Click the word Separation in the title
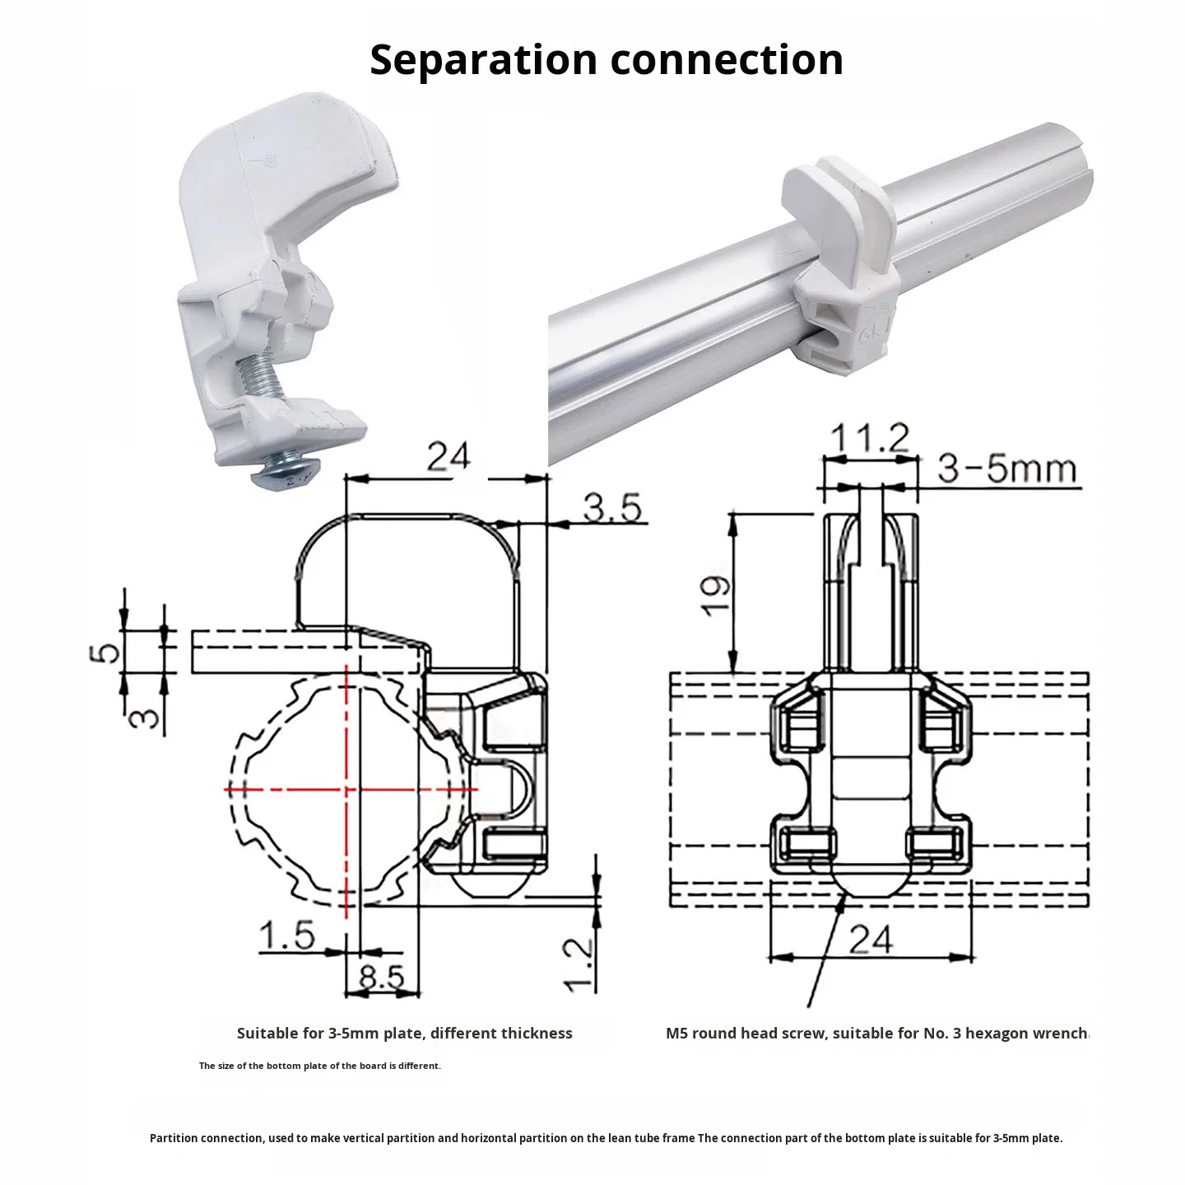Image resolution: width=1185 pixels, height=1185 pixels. tap(483, 60)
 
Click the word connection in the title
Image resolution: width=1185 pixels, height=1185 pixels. tap(727, 60)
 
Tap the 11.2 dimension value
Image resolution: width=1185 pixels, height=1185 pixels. tap(869, 439)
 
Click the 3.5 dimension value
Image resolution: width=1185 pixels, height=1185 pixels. tap(612, 508)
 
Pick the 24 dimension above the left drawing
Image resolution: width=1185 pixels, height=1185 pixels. tap(448, 456)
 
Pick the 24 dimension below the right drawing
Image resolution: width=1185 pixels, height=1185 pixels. tap(871, 940)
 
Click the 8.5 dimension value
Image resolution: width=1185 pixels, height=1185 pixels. tap(383, 977)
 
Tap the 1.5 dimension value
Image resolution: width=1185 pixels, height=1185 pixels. tap(287, 936)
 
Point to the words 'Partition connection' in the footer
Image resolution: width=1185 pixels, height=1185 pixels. tap(207, 1138)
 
